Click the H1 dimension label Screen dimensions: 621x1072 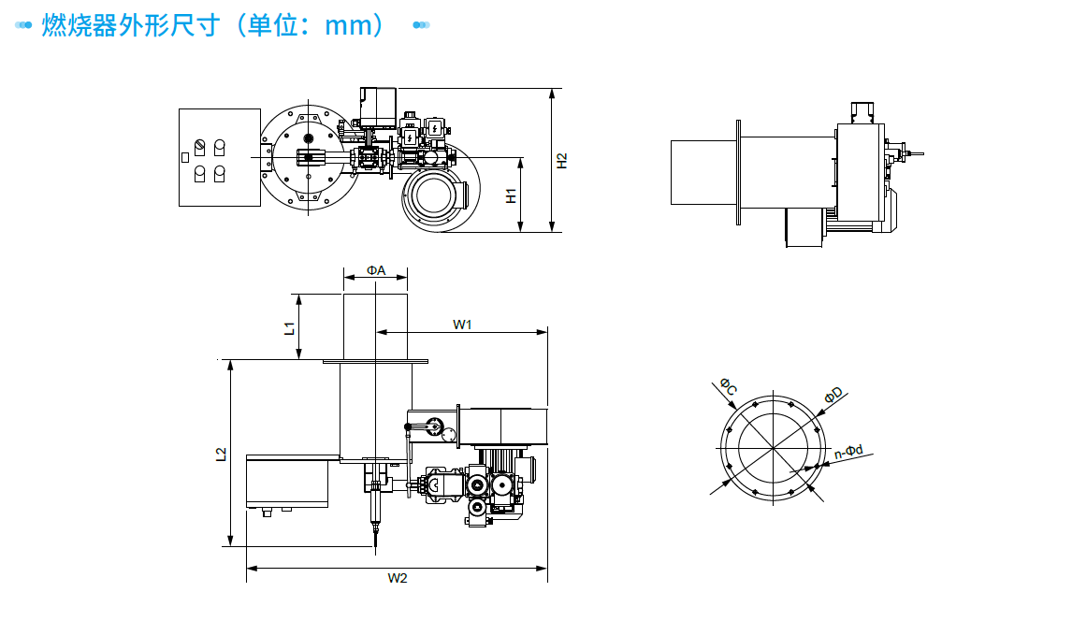[511, 195]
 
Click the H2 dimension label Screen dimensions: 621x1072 [561, 161]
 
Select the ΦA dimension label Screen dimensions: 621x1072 [376, 270]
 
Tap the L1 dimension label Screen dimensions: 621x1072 [290, 327]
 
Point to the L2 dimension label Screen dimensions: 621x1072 [221, 455]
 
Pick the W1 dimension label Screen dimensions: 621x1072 [462, 325]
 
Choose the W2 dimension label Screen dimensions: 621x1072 [398, 578]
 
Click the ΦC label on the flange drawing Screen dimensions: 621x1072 [728, 385]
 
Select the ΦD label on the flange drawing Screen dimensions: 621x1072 [833, 396]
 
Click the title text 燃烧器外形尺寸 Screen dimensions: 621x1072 [130, 25]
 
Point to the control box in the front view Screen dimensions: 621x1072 [219, 157]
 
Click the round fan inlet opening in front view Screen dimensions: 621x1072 [432, 196]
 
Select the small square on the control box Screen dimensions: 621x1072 [184, 156]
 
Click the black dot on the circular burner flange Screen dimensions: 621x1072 [308, 139]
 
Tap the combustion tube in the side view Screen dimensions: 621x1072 [703, 171]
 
